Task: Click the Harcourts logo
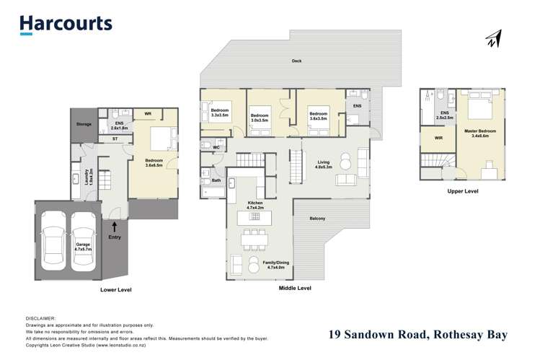click(66, 24)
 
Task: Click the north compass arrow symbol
click(493, 40)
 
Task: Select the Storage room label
click(84, 125)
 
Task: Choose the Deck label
click(297, 61)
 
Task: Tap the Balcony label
click(317, 219)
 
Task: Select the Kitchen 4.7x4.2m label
click(256, 205)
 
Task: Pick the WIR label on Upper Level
click(438, 138)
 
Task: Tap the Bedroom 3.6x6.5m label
click(153, 163)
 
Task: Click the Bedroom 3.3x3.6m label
click(220, 113)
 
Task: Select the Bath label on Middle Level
click(216, 180)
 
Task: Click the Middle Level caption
click(294, 288)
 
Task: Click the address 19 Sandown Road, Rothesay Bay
click(418, 334)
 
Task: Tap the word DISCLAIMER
click(41, 317)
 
